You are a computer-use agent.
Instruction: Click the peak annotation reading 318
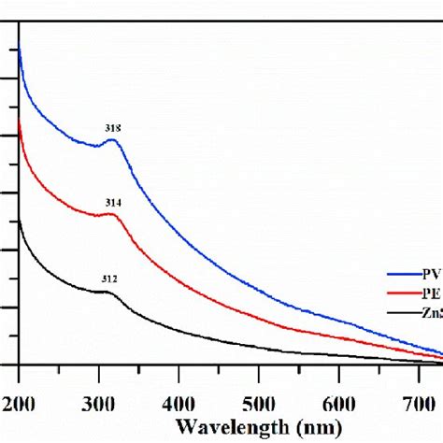pyautogui.click(x=113, y=128)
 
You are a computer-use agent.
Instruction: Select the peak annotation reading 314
pyautogui.click(x=113, y=202)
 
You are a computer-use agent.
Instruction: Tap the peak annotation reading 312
pyautogui.click(x=109, y=279)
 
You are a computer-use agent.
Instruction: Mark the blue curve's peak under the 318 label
pyautogui.click(x=112, y=140)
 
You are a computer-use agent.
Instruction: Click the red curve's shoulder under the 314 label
pyautogui.click(x=112, y=215)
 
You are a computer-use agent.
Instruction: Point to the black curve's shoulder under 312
pyautogui.click(x=108, y=293)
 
